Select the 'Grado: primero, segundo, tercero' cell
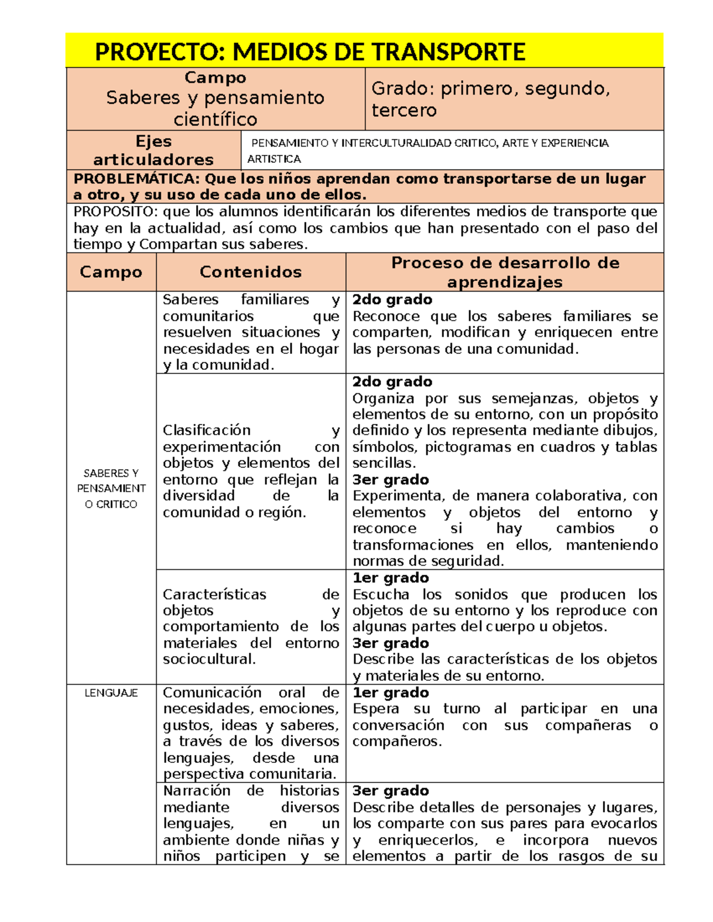click(490, 99)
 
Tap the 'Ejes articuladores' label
click(153, 150)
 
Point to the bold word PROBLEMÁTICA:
click(137, 179)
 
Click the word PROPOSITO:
click(116, 212)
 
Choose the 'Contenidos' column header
click(250, 272)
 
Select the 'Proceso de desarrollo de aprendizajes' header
click(504, 272)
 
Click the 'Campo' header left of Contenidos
click(111, 272)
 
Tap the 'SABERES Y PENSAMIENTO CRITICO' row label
click(111, 489)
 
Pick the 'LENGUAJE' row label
click(111, 693)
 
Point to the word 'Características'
click(214, 594)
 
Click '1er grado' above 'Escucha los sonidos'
click(390, 578)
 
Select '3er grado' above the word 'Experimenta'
click(390, 480)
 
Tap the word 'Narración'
click(197, 791)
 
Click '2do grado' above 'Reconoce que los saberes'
click(392, 300)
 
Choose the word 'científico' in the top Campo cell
click(215, 119)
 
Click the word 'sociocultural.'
click(209, 660)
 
